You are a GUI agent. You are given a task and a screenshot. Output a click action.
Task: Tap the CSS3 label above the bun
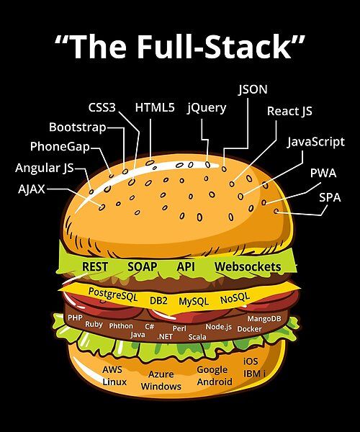coord(102,107)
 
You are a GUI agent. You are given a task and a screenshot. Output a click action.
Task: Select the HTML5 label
coord(155,107)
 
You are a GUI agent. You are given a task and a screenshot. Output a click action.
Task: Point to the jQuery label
coord(207,108)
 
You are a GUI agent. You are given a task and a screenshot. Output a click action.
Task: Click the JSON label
coord(253,89)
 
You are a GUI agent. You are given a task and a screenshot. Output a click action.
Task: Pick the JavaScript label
coord(315,141)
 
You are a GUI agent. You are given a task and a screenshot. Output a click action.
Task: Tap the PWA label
coord(323,173)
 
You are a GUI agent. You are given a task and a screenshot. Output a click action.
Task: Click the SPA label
coord(330,195)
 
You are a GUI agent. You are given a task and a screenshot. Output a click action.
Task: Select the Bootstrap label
coord(77,127)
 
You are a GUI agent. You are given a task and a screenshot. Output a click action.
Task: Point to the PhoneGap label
coord(60,147)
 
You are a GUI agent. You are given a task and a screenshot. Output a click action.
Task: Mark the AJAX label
coord(31,189)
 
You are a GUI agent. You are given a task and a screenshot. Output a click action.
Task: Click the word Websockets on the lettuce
coord(248,266)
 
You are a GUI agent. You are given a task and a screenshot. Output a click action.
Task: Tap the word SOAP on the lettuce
coord(143,266)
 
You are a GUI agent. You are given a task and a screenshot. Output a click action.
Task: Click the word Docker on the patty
coord(249,328)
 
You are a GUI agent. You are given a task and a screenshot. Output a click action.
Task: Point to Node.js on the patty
coord(218,326)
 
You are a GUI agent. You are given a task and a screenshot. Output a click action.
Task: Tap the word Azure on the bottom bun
coord(161,374)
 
